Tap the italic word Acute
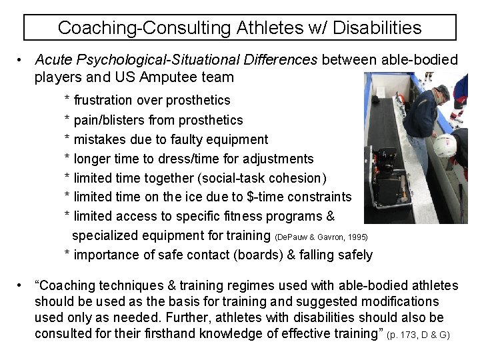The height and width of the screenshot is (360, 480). tap(53, 60)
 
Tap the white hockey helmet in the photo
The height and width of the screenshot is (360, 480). tap(444, 145)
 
